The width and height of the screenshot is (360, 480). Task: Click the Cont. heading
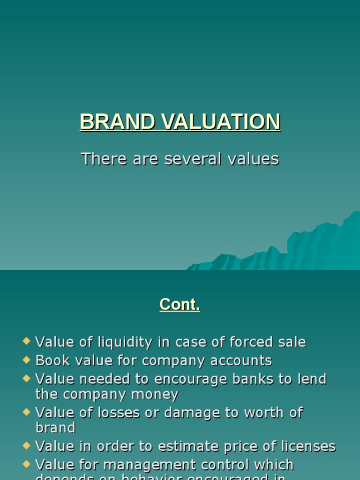tap(180, 305)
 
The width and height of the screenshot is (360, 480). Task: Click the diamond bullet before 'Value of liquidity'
tap(26, 341)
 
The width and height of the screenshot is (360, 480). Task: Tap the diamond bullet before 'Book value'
tap(26, 360)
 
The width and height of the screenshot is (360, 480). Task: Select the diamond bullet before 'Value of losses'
tap(26, 411)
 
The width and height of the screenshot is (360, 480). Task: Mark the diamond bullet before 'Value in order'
tap(26, 445)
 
